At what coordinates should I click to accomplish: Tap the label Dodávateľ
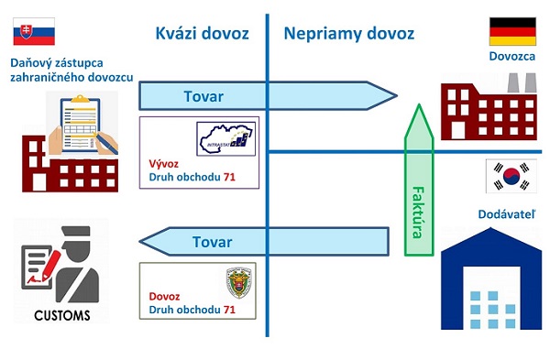tap(507, 213)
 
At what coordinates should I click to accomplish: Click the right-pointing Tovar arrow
tap(266, 96)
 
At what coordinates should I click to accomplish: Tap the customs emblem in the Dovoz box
tap(239, 284)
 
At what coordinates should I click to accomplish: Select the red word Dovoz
tap(163, 297)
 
